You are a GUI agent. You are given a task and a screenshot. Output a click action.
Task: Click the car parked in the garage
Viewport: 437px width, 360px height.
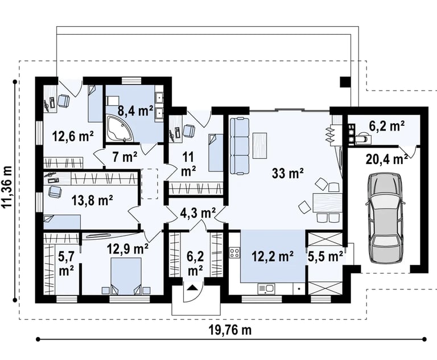tap(385, 218)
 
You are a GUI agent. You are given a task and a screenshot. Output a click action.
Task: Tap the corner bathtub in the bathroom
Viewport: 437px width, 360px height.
tap(119, 128)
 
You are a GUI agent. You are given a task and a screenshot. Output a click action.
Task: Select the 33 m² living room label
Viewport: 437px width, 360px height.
tap(287, 173)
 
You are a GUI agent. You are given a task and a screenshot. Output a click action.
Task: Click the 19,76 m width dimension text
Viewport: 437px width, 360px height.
tap(230, 330)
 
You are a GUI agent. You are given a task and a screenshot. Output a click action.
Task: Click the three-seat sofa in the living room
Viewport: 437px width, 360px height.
tap(240, 146)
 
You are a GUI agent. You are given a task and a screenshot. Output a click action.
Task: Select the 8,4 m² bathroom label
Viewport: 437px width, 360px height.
tap(135, 111)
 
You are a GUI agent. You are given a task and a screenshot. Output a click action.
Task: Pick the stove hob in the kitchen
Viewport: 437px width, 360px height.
tap(234, 252)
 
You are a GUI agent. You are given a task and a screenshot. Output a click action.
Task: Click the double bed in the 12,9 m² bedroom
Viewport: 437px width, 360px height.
tap(126, 276)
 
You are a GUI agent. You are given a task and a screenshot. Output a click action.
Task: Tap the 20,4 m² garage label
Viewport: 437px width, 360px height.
tap(386, 159)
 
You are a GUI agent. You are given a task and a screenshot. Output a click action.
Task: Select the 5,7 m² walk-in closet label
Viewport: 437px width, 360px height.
tap(66, 263)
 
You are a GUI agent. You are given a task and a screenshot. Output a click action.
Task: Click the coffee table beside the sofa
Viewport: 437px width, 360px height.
tap(259, 145)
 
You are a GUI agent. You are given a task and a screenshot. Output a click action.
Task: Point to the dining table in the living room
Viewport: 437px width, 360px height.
tap(328, 203)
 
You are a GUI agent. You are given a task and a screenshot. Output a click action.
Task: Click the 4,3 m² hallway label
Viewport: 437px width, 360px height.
tap(197, 213)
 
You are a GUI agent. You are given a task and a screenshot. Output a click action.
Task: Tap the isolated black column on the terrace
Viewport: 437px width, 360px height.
tap(345, 82)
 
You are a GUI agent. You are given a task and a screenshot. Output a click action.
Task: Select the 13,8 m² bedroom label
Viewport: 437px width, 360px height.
tap(92, 200)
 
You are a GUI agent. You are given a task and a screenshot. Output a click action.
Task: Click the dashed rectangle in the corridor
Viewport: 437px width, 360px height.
tap(150, 183)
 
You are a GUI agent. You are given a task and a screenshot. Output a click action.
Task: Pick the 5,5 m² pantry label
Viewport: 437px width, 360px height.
tap(325, 256)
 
